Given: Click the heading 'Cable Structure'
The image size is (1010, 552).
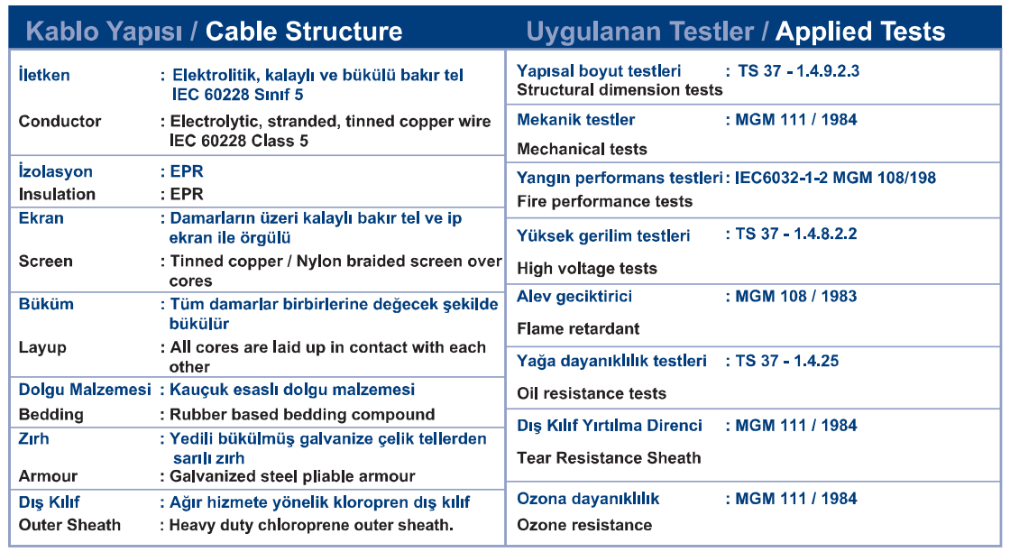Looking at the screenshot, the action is (304, 31).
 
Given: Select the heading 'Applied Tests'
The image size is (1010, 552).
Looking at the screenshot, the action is (860, 31).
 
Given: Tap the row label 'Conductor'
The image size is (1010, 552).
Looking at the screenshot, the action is (60, 121).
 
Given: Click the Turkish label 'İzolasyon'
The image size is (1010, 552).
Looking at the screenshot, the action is (55, 171).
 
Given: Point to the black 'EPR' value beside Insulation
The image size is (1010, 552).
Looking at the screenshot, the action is (187, 194).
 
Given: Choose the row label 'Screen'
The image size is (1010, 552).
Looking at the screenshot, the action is (46, 261).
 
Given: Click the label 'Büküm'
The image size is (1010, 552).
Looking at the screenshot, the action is (46, 303).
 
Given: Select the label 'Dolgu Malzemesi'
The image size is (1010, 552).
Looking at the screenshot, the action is (85, 390).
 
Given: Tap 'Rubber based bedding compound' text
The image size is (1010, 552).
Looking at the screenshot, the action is (302, 414).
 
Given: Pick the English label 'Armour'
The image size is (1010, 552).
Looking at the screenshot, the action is (49, 476).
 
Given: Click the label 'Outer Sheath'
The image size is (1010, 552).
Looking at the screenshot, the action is (69, 525).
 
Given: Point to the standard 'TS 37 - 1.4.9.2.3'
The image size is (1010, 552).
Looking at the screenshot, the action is (799, 71).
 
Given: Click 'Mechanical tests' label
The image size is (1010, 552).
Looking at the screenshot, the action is (583, 149).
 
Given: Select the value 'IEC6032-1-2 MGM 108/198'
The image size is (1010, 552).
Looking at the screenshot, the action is (835, 178).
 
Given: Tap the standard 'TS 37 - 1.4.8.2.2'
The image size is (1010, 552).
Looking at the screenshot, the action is (797, 234).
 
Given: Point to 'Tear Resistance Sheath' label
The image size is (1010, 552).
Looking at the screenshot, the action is (610, 457).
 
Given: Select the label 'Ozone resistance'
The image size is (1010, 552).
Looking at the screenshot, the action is (585, 525).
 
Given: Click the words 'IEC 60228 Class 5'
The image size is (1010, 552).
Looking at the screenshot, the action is (239, 141).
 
